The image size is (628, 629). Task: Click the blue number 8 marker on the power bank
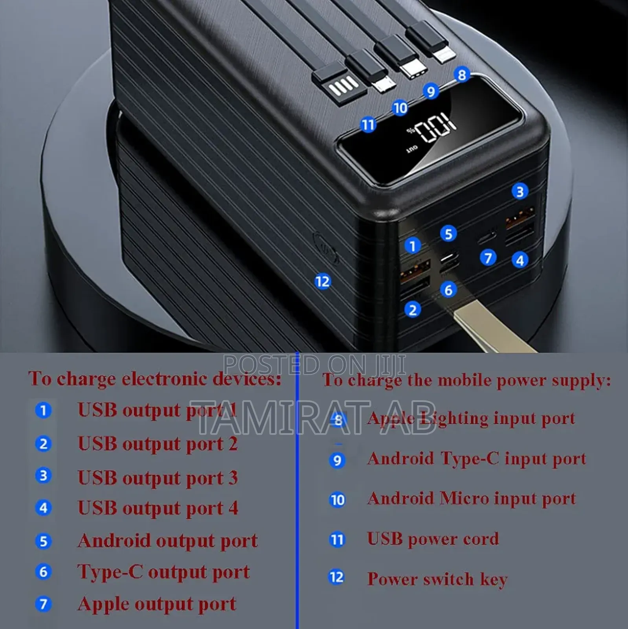(462, 75)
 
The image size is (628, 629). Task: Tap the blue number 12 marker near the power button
(323, 281)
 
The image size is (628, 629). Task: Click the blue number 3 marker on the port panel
(520, 191)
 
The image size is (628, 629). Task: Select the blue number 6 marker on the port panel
(448, 290)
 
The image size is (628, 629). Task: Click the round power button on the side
(326, 248)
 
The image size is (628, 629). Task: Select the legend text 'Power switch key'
(437, 579)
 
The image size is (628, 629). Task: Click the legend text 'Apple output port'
(157, 604)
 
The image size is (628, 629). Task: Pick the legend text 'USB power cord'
(433, 539)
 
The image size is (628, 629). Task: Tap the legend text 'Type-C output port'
(163, 572)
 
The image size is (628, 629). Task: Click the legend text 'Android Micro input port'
(472, 499)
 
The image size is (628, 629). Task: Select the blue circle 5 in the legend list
(43, 541)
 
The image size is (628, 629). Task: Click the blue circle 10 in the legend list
(337, 500)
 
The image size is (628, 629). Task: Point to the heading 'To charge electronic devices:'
(155, 379)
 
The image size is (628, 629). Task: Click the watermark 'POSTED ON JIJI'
(314, 364)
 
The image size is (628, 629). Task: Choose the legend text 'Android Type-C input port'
(477, 459)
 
